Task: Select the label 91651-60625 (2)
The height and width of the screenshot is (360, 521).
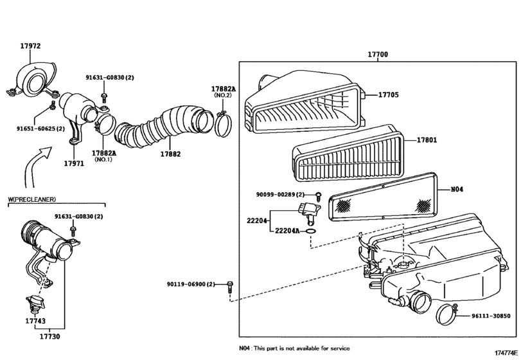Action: tap(41, 129)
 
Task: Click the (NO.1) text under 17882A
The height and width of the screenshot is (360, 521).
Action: tap(103, 159)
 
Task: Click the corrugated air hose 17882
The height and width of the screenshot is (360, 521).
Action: tap(161, 125)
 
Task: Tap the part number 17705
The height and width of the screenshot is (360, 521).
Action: tap(388, 95)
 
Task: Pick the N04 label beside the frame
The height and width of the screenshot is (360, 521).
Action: tap(457, 189)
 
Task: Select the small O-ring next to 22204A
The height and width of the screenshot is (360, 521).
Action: tap(310, 230)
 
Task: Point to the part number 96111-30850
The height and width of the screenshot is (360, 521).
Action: tap(490, 316)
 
